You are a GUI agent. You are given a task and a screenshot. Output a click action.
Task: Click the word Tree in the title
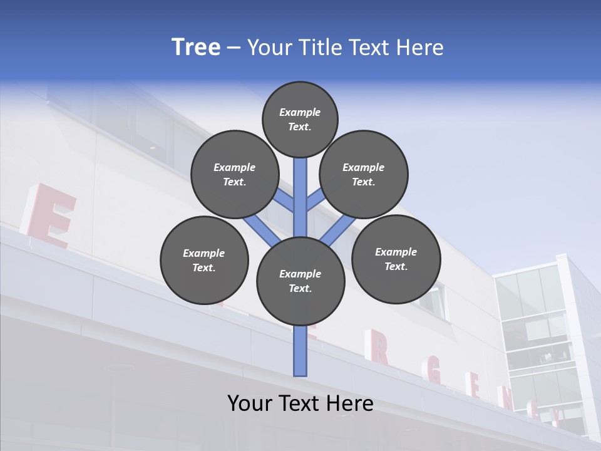[196, 48]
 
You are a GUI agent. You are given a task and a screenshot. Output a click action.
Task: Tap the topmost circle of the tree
[300, 119]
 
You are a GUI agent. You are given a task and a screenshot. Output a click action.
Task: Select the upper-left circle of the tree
[235, 174]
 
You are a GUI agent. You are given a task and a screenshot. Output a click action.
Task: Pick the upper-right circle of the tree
[364, 174]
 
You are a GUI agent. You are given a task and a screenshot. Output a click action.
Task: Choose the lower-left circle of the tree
[204, 260]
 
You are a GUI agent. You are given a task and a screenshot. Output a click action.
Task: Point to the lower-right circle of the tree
[396, 259]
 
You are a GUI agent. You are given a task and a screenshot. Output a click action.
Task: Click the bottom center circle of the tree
[300, 281]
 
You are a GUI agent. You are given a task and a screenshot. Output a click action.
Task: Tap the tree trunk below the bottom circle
[300, 351]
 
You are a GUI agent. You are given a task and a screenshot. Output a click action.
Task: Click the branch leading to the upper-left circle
[285, 202]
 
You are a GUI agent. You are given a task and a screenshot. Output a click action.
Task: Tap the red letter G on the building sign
[434, 375]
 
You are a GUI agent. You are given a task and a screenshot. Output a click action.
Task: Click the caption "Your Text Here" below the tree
[300, 403]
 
